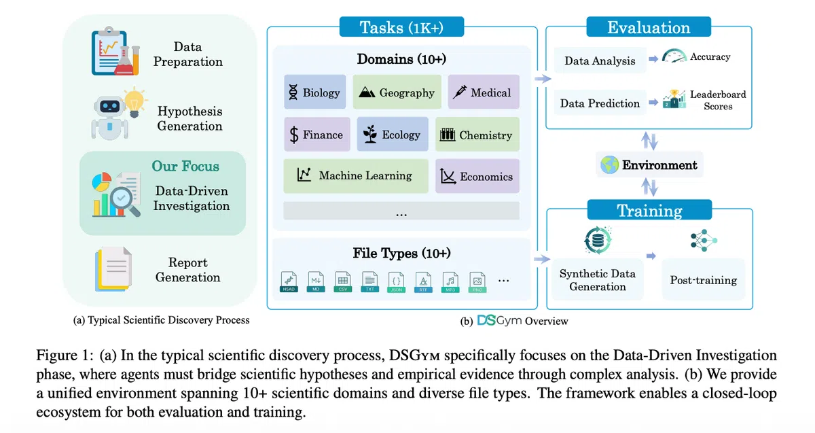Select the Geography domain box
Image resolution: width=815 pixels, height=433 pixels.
tap(397, 92)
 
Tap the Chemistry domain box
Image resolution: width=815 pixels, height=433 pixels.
tap(477, 135)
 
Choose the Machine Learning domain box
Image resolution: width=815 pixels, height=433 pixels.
tap(356, 176)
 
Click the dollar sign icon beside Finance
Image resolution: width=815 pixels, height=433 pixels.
tap(294, 135)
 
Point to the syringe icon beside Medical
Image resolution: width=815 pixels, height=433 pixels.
tap(460, 92)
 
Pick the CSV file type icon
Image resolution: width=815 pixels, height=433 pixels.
tap(343, 281)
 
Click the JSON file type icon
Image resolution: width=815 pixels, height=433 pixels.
tap(397, 281)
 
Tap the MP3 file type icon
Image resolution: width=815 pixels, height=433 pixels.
tap(450, 281)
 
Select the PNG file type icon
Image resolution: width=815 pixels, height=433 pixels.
tap(477, 281)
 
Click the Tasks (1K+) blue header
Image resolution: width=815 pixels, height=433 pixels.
tap(401, 28)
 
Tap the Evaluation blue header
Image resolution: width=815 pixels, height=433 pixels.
tap(649, 28)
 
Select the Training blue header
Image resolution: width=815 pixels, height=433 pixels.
tap(649, 210)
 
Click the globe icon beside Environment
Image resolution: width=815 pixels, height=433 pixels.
tap(610, 165)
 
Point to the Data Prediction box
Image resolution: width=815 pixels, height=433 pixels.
tap(600, 103)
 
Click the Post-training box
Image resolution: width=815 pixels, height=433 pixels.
tap(703, 279)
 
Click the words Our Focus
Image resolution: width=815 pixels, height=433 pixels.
tap(185, 167)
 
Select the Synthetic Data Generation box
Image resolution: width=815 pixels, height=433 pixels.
tap(597, 279)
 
